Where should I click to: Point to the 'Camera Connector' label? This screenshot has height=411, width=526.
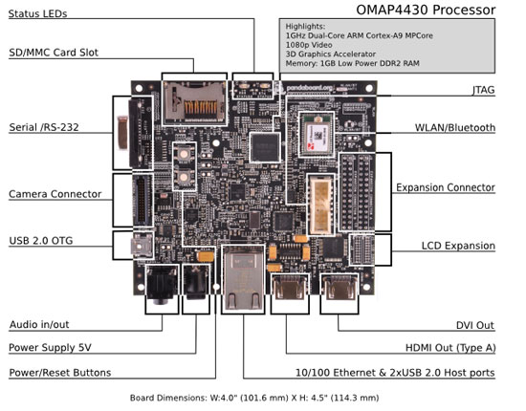[55, 194]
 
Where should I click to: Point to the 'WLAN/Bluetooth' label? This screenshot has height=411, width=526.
[455, 127]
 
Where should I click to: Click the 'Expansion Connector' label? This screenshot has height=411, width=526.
[445, 188]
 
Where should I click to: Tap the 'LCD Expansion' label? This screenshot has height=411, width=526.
[458, 246]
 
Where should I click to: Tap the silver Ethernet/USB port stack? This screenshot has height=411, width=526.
[244, 277]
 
